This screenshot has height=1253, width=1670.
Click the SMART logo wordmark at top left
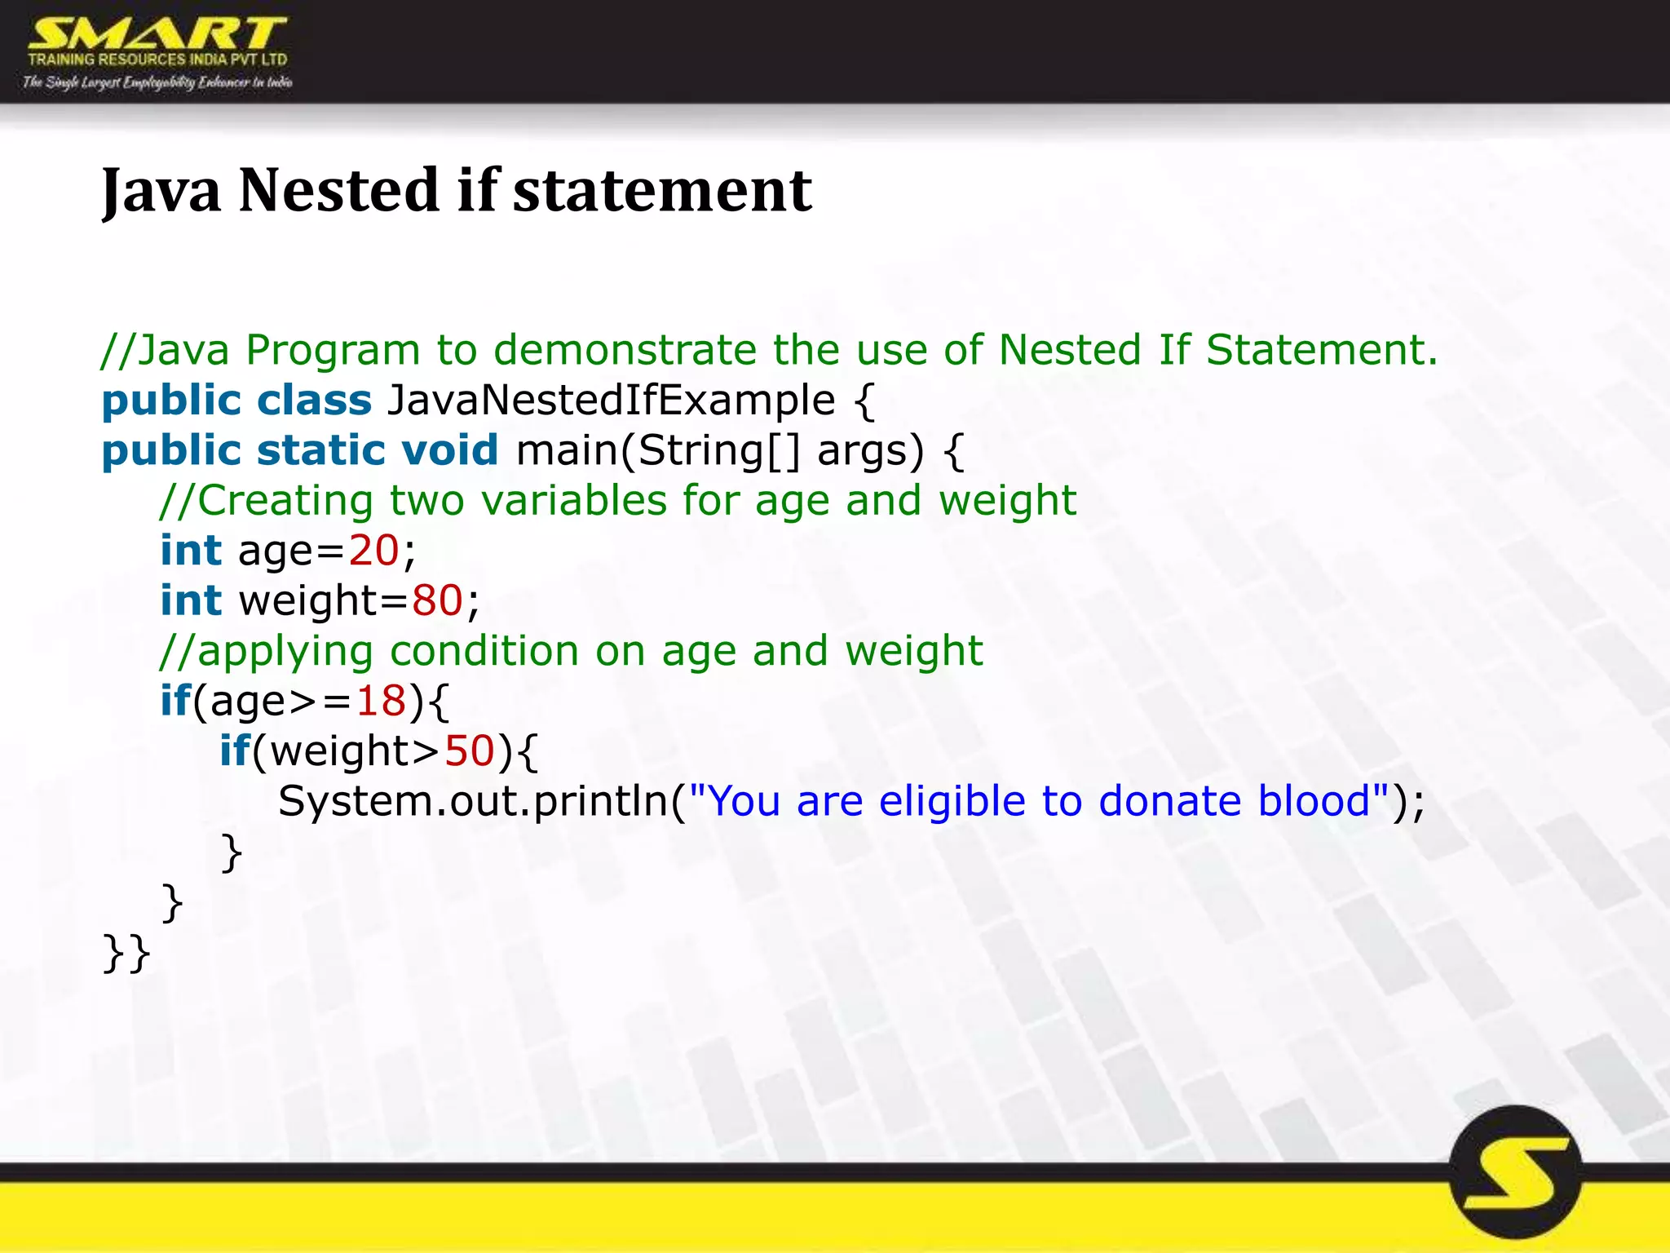click(x=157, y=34)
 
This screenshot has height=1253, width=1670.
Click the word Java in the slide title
click(x=161, y=191)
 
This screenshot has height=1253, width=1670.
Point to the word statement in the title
click(x=662, y=191)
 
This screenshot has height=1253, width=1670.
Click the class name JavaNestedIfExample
click(x=611, y=401)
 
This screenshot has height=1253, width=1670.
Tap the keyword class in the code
click(x=314, y=401)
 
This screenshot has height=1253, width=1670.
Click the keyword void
click(x=449, y=450)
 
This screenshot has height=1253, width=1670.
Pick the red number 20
click(x=373, y=551)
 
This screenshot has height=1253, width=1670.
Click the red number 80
click(x=437, y=601)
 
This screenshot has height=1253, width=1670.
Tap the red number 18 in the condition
click(x=380, y=701)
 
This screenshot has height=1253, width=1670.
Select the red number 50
click(x=469, y=751)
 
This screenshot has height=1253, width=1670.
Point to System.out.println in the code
click(x=473, y=801)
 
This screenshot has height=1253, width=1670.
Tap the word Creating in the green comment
click(x=285, y=501)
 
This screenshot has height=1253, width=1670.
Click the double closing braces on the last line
click(x=126, y=953)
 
